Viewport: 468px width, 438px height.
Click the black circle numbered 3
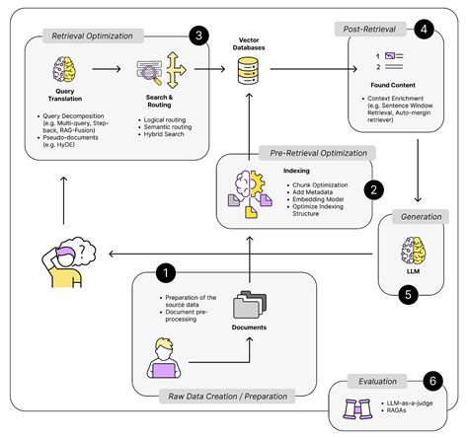click(200, 36)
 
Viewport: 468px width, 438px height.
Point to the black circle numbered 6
click(430, 380)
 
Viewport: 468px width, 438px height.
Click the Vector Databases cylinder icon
click(246, 69)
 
